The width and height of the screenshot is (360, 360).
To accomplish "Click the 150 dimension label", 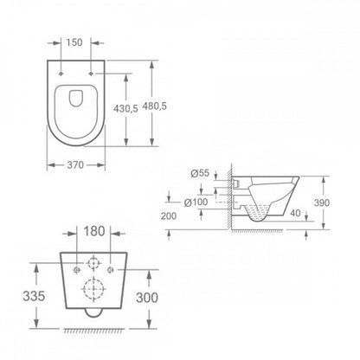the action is coord(74,42).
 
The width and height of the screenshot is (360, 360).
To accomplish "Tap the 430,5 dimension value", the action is coord(125,108).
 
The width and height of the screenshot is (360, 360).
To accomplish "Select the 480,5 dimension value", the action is coord(154,106).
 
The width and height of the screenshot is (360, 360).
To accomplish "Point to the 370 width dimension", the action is coord(75,165).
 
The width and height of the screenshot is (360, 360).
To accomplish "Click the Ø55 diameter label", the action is coord(200,173).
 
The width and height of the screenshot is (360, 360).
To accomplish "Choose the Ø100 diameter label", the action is coord(196,202).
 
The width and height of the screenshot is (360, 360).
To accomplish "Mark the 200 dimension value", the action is coord(169,215).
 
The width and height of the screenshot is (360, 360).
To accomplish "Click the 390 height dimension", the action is coord(322,202).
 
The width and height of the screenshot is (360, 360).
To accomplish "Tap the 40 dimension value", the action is coord(295,213).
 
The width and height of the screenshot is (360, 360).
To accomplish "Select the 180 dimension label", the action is coord(94,231).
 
